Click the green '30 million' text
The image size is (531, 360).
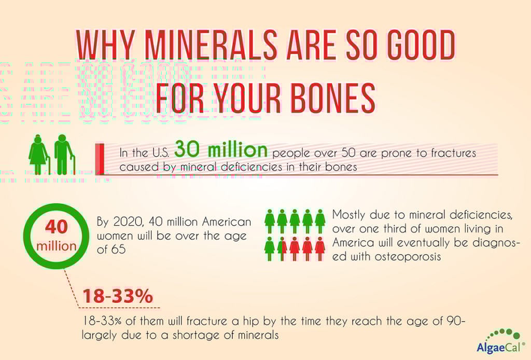coord(221,150)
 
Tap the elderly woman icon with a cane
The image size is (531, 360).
coord(39,155)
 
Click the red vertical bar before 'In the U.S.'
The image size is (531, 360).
coord(100,158)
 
